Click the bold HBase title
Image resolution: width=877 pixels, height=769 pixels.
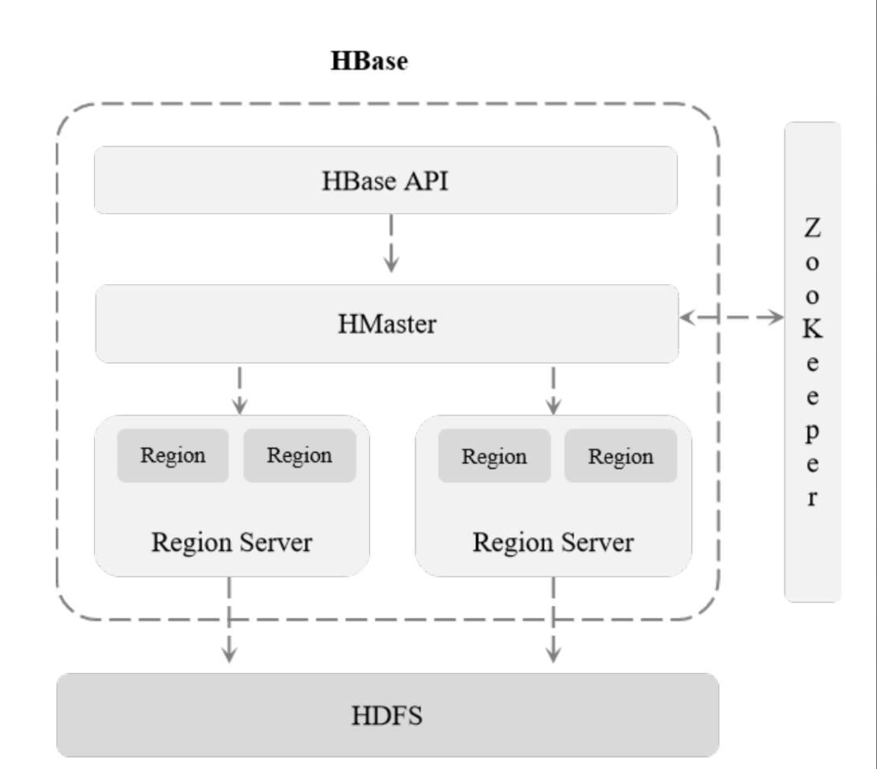[369, 61]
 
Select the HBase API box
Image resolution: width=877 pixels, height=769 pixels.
[386, 180]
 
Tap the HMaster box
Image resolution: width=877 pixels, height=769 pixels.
[387, 323]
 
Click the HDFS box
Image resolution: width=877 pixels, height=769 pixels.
[388, 715]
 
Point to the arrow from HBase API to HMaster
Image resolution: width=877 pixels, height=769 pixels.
[391, 243]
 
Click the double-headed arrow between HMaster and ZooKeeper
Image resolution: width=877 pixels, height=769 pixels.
[732, 317]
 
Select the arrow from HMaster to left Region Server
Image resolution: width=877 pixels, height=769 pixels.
[240, 390]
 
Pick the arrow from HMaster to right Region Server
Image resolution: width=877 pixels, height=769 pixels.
[553, 390]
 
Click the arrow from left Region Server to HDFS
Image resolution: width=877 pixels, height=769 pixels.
[229, 620]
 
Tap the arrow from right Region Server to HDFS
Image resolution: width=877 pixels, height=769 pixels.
[553, 620]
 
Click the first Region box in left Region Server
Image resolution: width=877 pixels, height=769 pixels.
[173, 455]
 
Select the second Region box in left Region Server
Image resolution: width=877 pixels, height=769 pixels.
[299, 455]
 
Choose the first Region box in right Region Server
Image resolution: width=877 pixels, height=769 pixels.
[494, 456]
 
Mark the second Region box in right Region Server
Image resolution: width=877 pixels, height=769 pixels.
[621, 456]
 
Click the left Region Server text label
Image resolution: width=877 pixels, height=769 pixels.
[232, 543]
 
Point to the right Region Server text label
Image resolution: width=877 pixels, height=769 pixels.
[553, 543]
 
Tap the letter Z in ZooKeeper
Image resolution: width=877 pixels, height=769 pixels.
[812, 228]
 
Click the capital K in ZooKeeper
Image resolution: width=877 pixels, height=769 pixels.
[812, 329]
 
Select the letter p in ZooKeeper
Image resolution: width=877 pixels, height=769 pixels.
[812, 431]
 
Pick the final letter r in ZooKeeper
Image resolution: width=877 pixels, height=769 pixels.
[812, 498]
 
